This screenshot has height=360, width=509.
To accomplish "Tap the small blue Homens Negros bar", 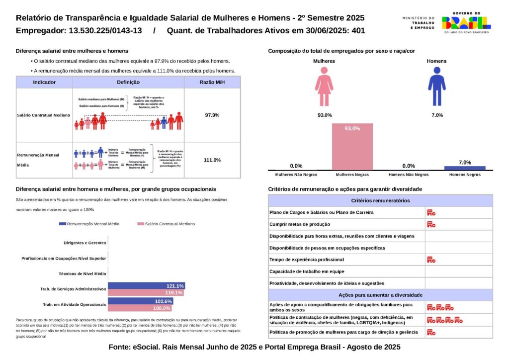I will pyautogui.click(x=464, y=168).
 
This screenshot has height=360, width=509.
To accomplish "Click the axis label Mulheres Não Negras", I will pyautogui.click(x=296, y=175).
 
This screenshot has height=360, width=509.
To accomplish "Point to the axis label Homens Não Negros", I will pyautogui.click(x=409, y=175).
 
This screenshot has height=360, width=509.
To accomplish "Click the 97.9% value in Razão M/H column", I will pyautogui.click(x=212, y=115).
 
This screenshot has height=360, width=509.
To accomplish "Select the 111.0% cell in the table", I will pyautogui.click(x=212, y=160).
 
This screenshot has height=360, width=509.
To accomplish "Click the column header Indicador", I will pyautogui.click(x=44, y=83).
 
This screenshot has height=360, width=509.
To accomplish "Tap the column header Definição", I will pyautogui.click(x=128, y=83).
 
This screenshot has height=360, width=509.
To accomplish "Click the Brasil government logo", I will pyautogui.click(x=466, y=22).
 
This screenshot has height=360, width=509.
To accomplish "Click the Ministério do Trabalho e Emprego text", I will pyautogui.click(x=418, y=22).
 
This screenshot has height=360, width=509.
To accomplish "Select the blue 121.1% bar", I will pyautogui.click(x=146, y=286).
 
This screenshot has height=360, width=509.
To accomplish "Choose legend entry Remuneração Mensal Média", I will pyautogui.click(x=93, y=224).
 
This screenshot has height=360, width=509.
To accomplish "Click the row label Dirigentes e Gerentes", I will pyautogui.click(x=85, y=243).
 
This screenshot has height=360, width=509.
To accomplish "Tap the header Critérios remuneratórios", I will pyautogui.click(x=380, y=200).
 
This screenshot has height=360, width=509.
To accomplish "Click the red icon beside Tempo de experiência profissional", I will pyautogui.click(x=431, y=260).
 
